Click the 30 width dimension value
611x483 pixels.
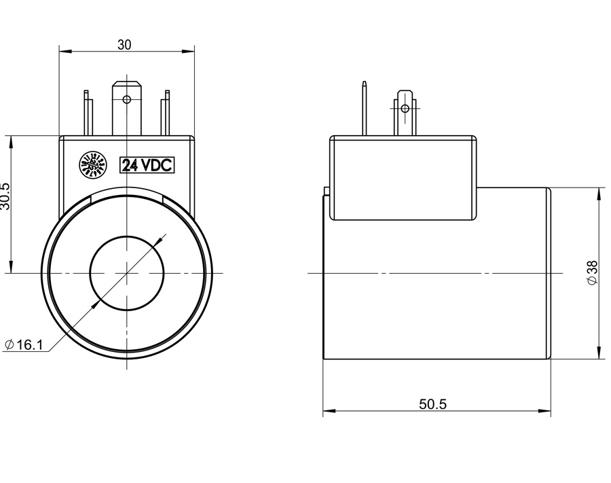(124, 45)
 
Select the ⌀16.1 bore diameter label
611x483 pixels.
(24, 344)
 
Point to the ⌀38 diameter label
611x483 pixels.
(592, 272)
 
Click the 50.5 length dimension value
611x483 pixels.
(432, 404)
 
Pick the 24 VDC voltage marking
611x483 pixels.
(147, 165)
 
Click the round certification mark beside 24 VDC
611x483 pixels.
(94, 165)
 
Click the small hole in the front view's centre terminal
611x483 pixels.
(126, 99)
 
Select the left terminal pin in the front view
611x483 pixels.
(88, 115)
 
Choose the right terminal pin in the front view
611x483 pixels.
(164, 115)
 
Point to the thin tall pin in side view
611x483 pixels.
(365, 109)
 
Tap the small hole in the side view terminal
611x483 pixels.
(405, 108)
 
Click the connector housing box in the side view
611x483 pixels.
(403, 178)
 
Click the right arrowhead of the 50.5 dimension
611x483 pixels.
(547, 412)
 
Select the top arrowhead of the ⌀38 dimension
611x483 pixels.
(600, 193)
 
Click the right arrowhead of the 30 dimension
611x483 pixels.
(190, 50)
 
